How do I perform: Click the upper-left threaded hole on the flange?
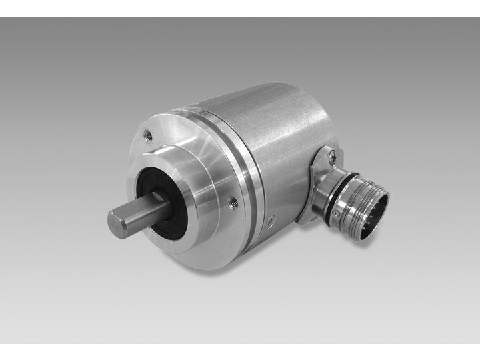[148, 136]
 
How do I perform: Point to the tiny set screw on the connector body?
[338, 214]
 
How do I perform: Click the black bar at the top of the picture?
[240, 8]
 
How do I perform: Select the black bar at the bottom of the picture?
[240, 351]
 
